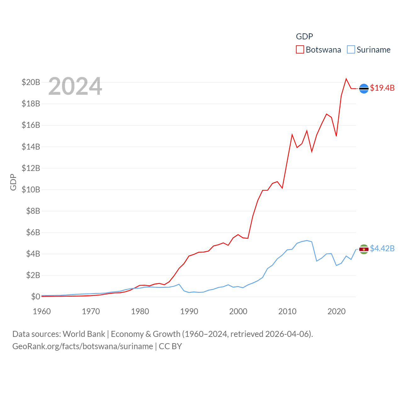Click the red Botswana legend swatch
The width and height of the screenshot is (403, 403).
[x=300, y=50]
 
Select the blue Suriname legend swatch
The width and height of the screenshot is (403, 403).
[x=351, y=50]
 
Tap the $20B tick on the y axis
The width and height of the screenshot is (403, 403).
[x=31, y=82]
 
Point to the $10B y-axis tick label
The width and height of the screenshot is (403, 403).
[x=31, y=190]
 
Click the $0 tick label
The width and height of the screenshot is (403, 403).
[x=36, y=297]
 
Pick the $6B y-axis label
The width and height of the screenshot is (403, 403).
[x=33, y=232]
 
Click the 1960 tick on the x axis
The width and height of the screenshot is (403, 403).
[x=42, y=311]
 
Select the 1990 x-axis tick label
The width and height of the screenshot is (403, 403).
[x=189, y=311]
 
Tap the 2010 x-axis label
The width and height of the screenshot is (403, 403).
[x=287, y=311]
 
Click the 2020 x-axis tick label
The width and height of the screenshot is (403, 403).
[x=337, y=311]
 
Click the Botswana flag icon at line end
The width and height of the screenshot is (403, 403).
[x=364, y=89]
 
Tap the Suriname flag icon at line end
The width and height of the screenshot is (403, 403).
[x=364, y=249]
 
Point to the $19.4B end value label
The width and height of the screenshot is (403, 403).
[x=382, y=88]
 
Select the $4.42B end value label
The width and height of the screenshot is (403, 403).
[x=382, y=248]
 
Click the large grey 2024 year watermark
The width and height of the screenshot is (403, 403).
[x=75, y=86]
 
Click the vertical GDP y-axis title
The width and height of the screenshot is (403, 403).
[x=13, y=182]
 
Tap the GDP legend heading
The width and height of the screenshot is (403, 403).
[x=304, y=37]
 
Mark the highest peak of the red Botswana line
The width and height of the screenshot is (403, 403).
[x=346, y=79]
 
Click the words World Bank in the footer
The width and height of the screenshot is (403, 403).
[x=84, y=334]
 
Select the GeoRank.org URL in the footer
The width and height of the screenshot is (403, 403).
[x=82, y=346]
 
